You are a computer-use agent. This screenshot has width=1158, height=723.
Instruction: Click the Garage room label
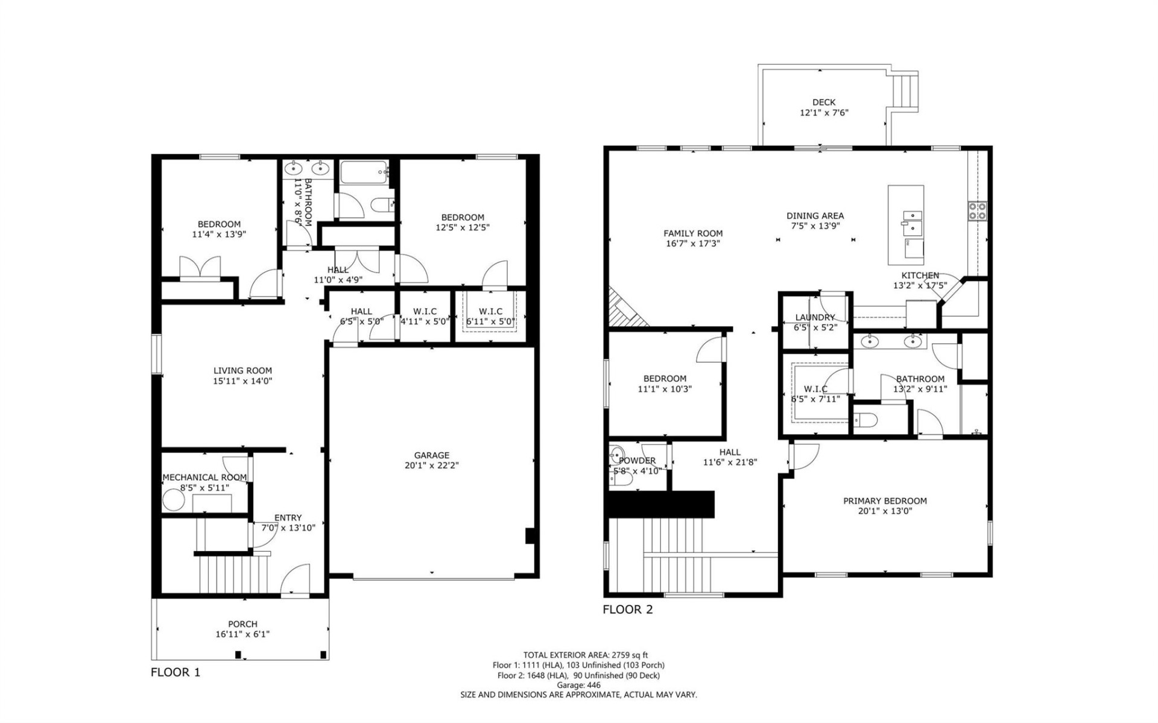[431, 455]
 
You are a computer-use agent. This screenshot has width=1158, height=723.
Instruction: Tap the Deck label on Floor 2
[823, 103]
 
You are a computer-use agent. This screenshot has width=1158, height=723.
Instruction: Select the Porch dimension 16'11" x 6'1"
[242, 634]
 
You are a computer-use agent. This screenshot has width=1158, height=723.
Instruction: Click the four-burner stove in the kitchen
[978, 210]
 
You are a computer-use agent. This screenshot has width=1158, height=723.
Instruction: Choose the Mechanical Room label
[204, 477]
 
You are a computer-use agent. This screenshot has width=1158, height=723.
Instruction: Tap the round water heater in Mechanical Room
[173, 500]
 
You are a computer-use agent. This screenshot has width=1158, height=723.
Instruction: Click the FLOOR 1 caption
[175, 672]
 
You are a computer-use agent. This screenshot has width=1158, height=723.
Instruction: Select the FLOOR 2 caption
[627, 610]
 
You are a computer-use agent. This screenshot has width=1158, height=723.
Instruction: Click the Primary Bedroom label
[884, 500]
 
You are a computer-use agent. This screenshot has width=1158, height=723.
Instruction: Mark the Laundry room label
[814, 317]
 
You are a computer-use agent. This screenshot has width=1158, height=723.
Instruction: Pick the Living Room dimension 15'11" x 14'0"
[242, 381]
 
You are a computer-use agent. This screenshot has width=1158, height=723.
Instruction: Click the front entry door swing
[296, 580]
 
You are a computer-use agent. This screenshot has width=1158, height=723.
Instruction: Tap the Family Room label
[692, 233]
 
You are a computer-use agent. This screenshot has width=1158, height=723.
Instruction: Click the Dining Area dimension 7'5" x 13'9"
[815, 226]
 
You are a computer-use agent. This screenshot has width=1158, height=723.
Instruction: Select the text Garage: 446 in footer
[578, 685]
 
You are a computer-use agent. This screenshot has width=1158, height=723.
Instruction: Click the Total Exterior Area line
[578, 655]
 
